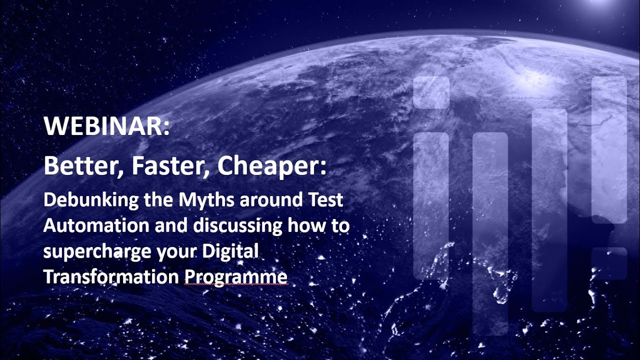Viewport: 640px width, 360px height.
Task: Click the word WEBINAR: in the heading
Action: point(107,127)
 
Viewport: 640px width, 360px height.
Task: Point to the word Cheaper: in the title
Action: point(271,166)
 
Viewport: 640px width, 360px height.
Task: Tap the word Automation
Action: point(96,226)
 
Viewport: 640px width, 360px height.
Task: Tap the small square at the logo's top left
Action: point(431,92)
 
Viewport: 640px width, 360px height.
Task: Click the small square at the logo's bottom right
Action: point(609,263)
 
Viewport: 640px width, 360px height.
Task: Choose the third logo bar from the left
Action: point(549,210)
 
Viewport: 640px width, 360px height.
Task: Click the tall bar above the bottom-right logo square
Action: point(609,149)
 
